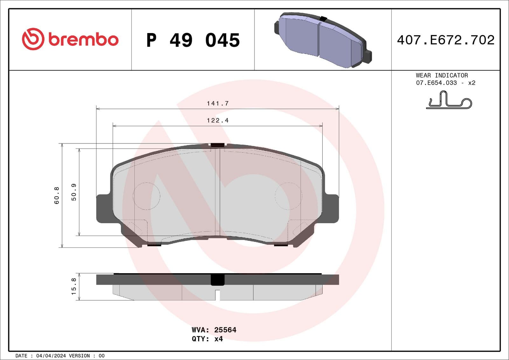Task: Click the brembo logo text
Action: (x=83, y=40)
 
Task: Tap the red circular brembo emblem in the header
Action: (x=32, y=39)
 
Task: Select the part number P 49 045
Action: (x=193, y=40)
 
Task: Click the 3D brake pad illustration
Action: (x=322, y=40)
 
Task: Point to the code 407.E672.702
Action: (x=445, y=40)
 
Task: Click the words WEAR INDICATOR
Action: (x=442, y=75)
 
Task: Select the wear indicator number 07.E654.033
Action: (x=436, y=83)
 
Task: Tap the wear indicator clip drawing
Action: (x=449, y=100)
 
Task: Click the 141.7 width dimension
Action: (x=218, y=103)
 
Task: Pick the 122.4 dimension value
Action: (x=218, y=121)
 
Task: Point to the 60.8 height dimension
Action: (x=57, y=195)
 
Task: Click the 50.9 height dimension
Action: (x=74, y=192)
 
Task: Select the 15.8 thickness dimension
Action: (x=74, y=286)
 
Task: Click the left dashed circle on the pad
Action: (x=146, y=196)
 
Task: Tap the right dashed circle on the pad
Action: (x=288, y=196)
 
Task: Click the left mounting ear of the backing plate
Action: (x=103, y=208)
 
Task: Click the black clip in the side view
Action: (x=218, y=280)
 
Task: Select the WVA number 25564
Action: (x=225, y=330)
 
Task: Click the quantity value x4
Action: (x=219, y=339)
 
